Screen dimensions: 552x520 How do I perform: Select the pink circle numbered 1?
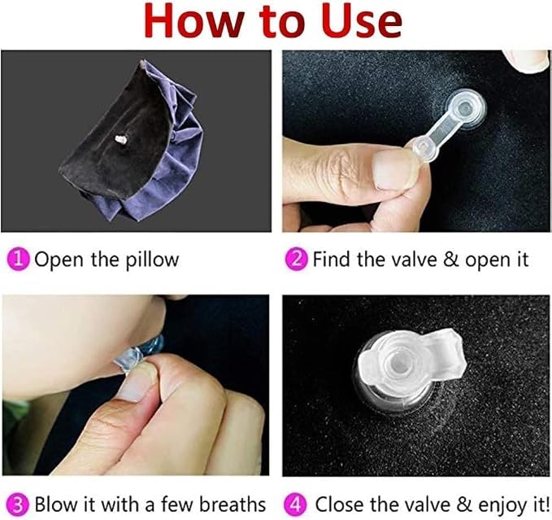point(18,260)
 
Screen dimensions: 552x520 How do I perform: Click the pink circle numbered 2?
point(296,260)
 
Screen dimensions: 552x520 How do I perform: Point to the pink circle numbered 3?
point(18,505)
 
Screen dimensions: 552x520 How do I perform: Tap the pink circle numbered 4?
point(295,505)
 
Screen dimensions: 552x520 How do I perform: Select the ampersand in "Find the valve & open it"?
point(452,260)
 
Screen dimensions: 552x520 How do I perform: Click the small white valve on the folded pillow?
point(121,139)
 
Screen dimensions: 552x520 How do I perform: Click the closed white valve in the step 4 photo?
point(410,362)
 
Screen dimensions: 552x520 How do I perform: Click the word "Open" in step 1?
point(59,260)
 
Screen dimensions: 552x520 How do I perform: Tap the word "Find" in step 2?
point(332,260)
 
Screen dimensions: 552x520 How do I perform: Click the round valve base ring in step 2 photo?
point(464,107)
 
